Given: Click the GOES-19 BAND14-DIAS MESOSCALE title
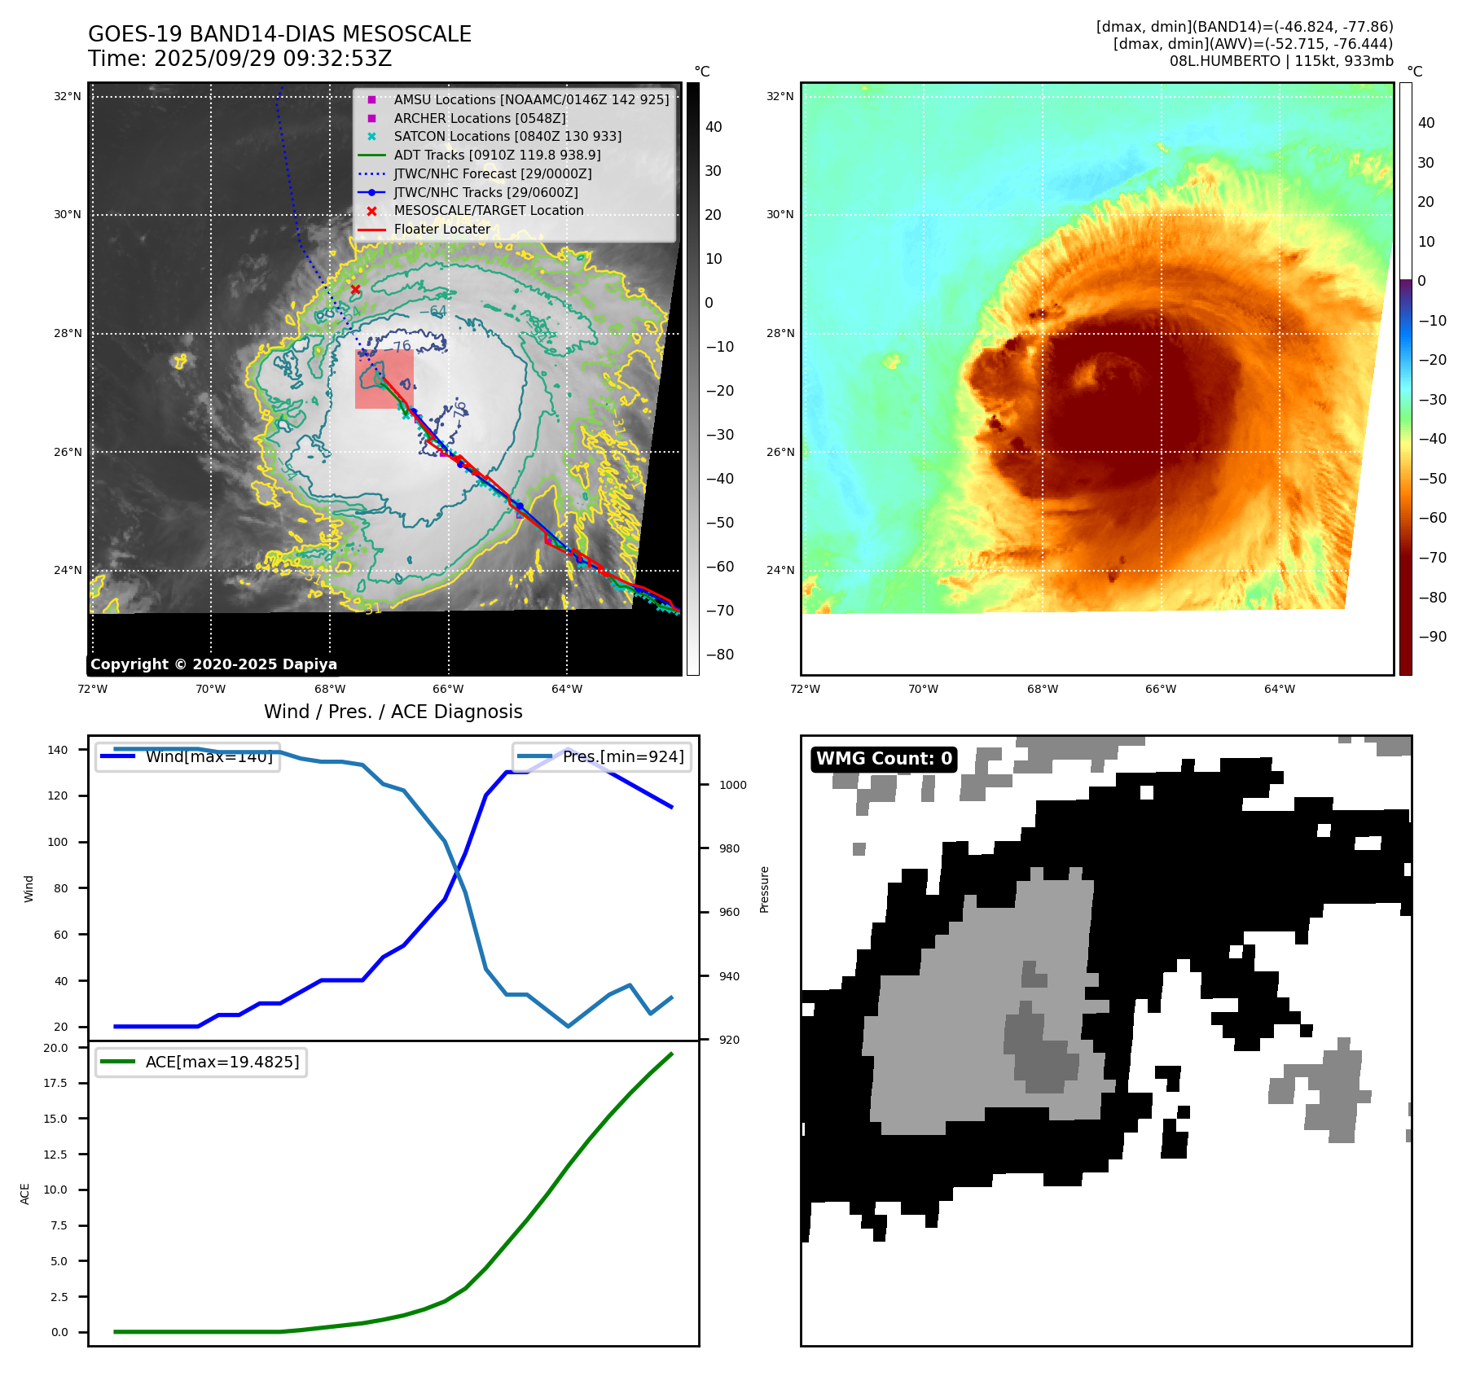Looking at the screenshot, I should [279, 34].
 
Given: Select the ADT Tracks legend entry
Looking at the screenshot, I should [497, 155].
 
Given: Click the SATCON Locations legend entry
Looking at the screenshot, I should [507, 136].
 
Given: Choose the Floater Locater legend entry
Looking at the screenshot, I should [441, 230].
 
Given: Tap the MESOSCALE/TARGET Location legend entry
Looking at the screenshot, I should [488, 210].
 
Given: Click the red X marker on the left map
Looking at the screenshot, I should [355, 289].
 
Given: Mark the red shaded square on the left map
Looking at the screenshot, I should [384, 379].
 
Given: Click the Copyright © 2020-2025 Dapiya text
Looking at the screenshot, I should [213, 664].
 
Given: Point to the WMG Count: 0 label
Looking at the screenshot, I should [884, 759].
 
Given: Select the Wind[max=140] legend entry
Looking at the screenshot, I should [209, 757].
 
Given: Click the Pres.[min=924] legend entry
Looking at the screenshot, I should [622, 757].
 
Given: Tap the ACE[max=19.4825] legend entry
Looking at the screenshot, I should [222, 1062].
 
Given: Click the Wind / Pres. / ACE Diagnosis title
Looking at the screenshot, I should [393, 712].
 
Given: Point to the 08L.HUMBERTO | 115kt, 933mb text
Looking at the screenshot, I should [1281, 61].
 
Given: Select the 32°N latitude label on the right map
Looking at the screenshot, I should [780, 96].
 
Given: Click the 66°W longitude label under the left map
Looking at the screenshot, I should [448, 689].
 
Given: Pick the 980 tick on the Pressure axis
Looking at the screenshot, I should [729, 848].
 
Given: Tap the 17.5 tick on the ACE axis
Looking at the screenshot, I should [56, 1083].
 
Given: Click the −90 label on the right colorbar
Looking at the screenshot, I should [1432, 637].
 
